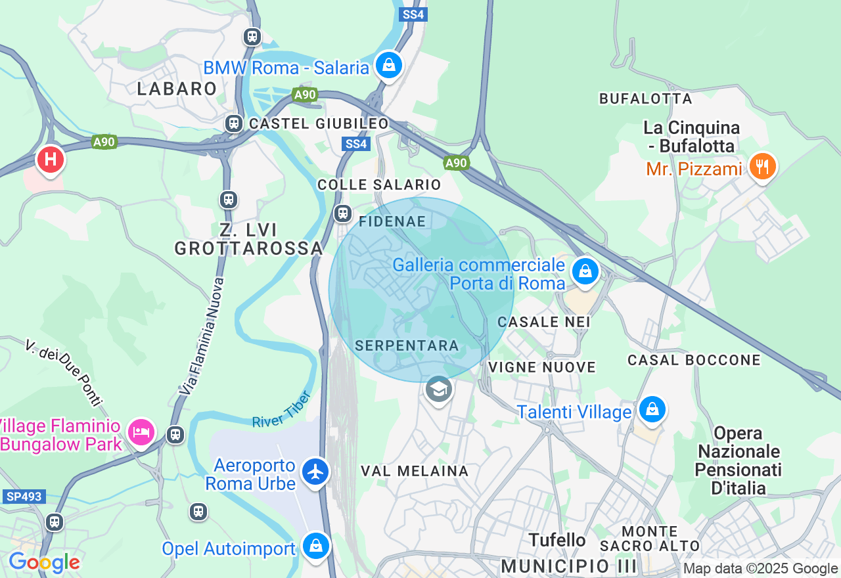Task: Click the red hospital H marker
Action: (x=50, y=160)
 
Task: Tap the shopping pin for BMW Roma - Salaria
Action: (x=389, y=65)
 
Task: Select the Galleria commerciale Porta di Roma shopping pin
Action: (x=585, y=271)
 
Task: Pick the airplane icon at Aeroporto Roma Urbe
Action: (x=316, y=472)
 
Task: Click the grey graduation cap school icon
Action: (x=438, y=389)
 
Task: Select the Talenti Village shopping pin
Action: (x=652, y=410)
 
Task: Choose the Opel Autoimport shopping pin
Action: (x=316, y=545)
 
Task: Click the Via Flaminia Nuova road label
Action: (x=200, y=336)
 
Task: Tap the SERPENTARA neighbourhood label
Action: (x=406, y=345)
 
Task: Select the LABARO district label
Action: (x=177, y=89)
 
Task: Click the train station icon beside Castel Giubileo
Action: (x=233, y=123)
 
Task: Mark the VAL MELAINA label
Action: (x=415, y=471)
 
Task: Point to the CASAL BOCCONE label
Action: (x=694, y=360)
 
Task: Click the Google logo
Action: (x=44, y=562)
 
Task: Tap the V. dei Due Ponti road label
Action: (x=64, y=372)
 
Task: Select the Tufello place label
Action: (x=558, y=540)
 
